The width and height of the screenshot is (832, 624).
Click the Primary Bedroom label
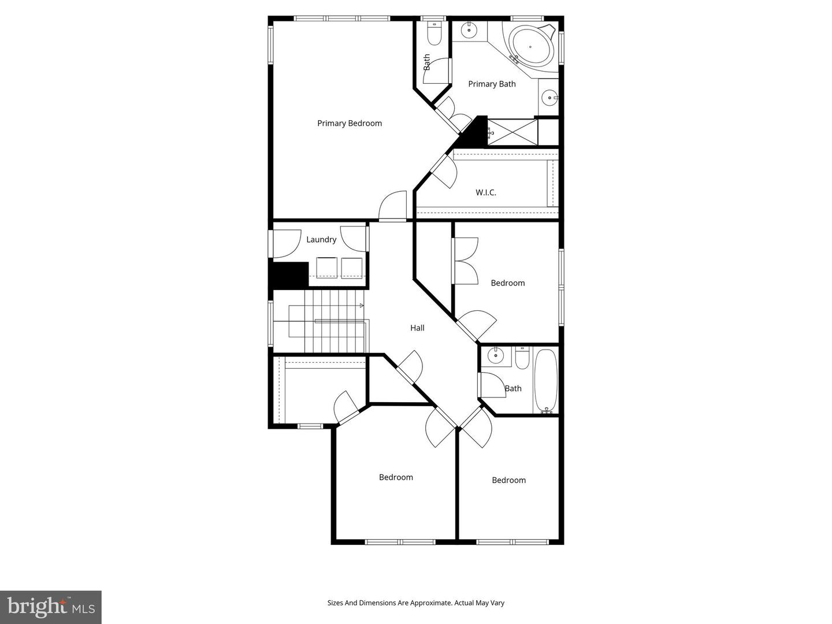(x=350, y=123)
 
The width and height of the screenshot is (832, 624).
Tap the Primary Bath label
(x=492, y=84)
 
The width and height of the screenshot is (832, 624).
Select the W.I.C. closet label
(x=486, y=192)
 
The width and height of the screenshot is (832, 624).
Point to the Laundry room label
(x=321, y=239)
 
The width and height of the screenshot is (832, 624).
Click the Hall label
(x=417, y=328)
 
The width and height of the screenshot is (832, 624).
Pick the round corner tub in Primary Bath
(x=530, y=46)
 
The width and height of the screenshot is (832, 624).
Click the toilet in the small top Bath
(x=434, y=34)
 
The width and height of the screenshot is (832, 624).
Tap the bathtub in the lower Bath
(x=545, y=380)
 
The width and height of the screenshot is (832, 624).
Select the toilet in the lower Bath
(x=522, y=358)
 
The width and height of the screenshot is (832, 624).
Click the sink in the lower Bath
(x=495, y=356)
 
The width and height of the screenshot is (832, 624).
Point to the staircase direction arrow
(x=362, y=305)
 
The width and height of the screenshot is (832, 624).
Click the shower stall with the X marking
(x=512, y=132)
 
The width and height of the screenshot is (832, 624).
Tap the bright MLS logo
(x=51, y=607)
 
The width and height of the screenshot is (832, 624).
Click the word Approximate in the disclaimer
(x=430, y=603)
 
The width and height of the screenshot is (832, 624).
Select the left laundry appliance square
(x=326, y=268)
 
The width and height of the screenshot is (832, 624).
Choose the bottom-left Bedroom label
(x=396, y=477)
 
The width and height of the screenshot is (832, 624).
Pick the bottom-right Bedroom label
(x=508, y=480)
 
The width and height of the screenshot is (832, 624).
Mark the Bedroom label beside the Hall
(x=508, y=283)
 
